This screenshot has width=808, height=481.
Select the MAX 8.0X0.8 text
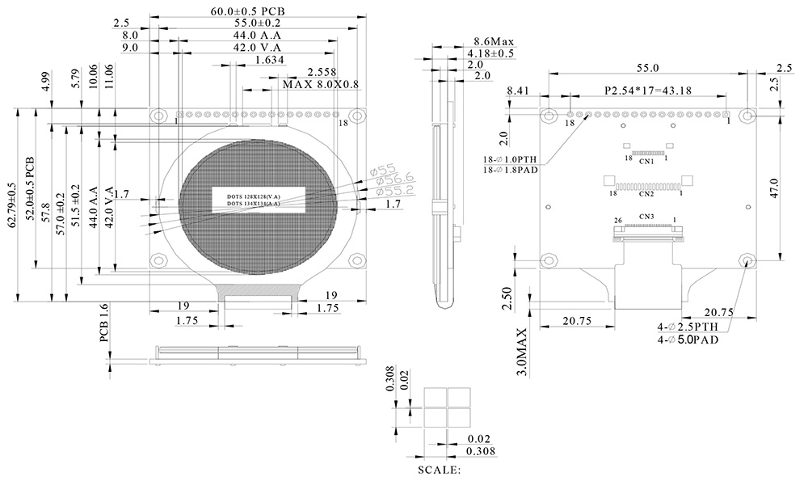(320, 84)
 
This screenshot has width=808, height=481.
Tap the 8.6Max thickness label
(493, 41)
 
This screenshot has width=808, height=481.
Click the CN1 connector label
(646, 162)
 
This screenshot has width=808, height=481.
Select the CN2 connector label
(646, 194)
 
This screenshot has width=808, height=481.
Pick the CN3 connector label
(646, 217)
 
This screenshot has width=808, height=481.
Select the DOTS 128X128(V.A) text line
(254, 196)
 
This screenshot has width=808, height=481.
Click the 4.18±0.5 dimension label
(491, 53)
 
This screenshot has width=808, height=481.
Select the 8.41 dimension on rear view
(517, 91)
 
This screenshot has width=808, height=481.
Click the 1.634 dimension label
(268, 60)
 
